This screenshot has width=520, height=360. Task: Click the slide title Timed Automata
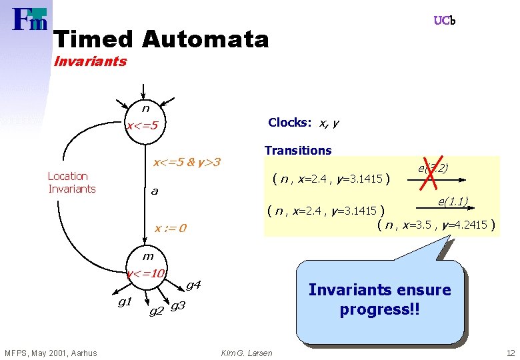tap(161, 39)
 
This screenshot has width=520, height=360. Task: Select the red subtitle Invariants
tap(90, 62)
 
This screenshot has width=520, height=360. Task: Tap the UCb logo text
tap(445, 21)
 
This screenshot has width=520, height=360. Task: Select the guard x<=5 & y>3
tap(187, 162)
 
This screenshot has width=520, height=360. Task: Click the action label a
tap(154, 191)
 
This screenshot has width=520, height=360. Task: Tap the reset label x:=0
tap(170, 229)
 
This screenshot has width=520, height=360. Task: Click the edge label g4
tap(193, 285)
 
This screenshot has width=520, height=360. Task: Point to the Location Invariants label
tap(71, 183)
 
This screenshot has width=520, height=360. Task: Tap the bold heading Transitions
tap(297, 151)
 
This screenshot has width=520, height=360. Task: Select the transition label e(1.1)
tap(453, 201)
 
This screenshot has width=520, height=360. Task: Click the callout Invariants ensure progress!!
tap(379, 300)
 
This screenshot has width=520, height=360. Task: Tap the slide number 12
tap(510, 353)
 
